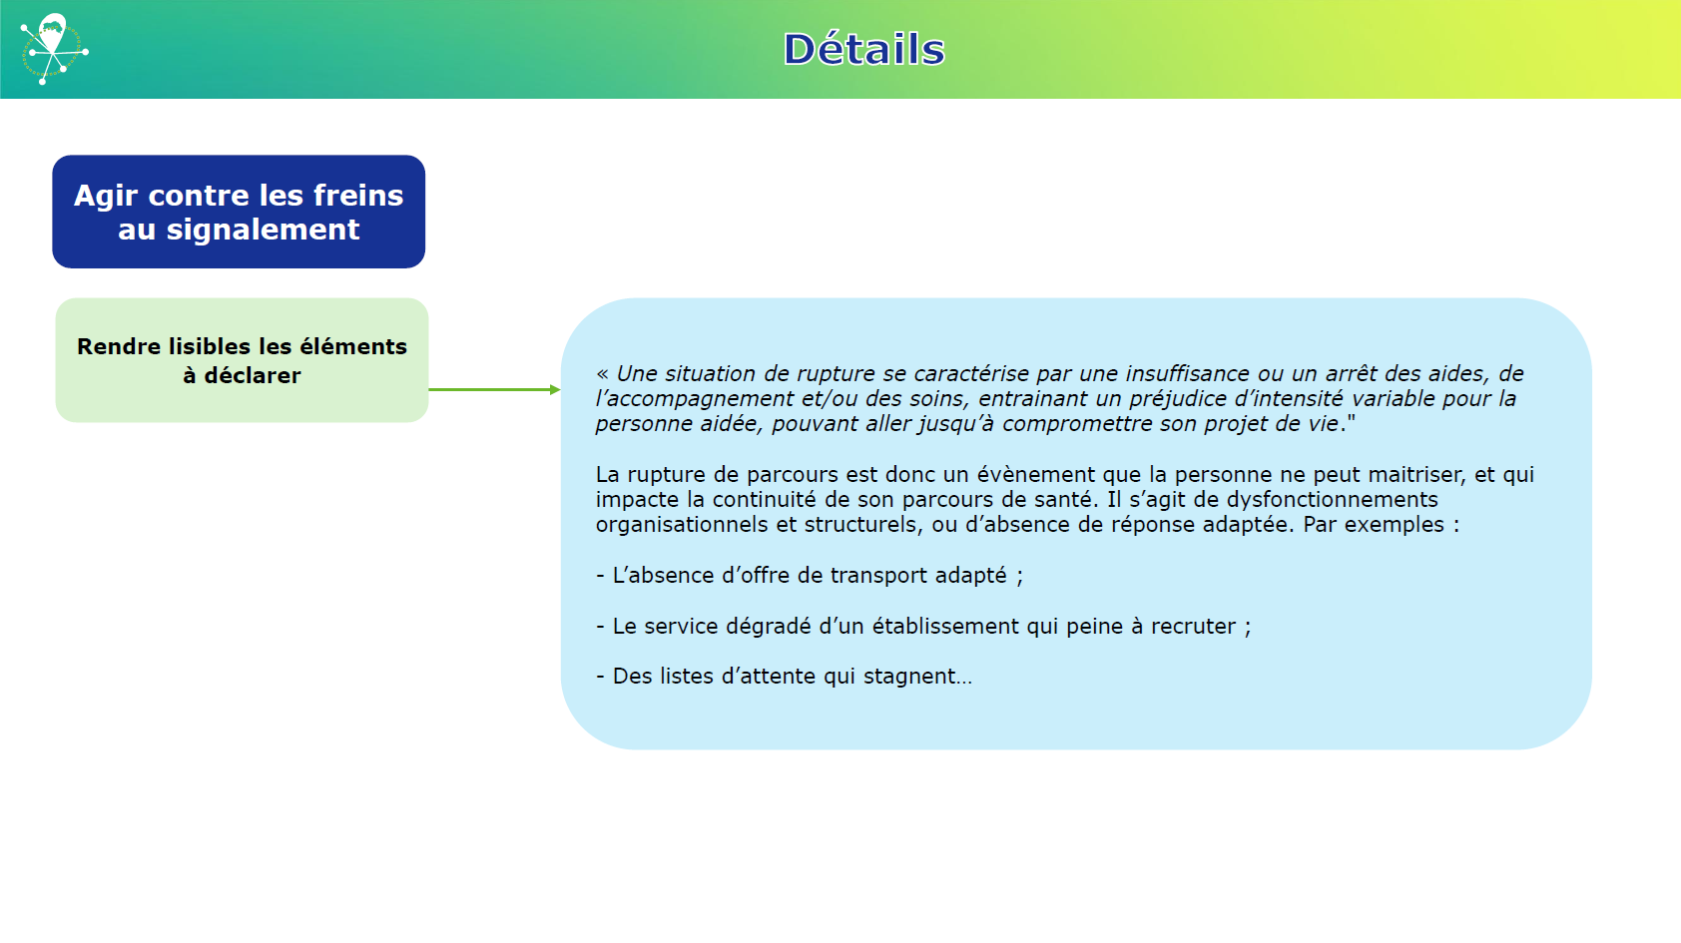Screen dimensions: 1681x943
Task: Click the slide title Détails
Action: [863, 50]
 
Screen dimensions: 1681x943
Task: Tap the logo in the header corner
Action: [54, 49]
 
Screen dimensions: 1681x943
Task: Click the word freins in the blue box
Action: [358, 195]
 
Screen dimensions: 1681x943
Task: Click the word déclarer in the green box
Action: [253, 375]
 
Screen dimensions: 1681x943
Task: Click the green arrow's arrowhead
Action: [555, 389]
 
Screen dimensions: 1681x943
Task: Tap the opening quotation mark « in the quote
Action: [602, 373]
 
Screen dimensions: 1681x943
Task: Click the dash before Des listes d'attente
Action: [600, 677]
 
